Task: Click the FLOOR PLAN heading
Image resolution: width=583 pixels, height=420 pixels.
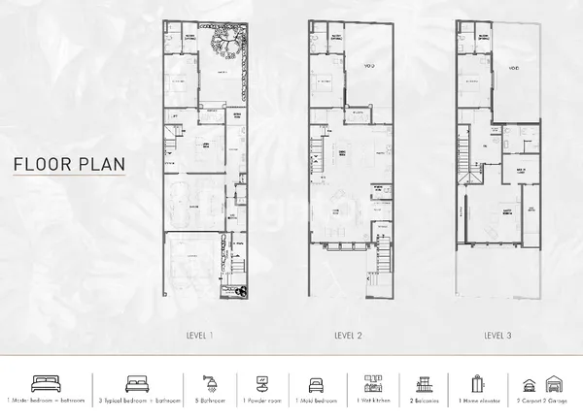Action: (x=69, y=164)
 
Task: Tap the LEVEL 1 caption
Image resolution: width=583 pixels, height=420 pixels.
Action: (x=199, y=336)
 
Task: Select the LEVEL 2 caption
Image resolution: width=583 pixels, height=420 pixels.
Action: (x=348, y=336)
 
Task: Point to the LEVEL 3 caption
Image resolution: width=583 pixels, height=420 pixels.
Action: (x=498, y=336)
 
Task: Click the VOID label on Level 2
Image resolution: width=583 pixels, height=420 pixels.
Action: (x=369, y=66)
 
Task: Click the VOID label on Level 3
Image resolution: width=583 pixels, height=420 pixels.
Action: (x=512, y=68)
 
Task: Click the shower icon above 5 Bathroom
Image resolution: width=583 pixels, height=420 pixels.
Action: (x=208, y=381)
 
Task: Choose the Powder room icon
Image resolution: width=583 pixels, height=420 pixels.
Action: (x=261, y=382)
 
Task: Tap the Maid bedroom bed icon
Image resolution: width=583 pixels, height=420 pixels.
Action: (x=316, y=382)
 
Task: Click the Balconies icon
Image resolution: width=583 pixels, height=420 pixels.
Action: (x=424, y=382)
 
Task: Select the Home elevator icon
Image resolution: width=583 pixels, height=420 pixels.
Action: (x=477, y=382)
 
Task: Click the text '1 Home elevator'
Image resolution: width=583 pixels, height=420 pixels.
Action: (x=477, y=401)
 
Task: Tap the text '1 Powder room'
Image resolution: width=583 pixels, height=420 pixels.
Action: (x=261, y=401)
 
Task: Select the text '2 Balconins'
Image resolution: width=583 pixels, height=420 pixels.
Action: (x=424, y=401)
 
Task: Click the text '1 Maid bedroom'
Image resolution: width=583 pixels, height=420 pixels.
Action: (x=316, y=401)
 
